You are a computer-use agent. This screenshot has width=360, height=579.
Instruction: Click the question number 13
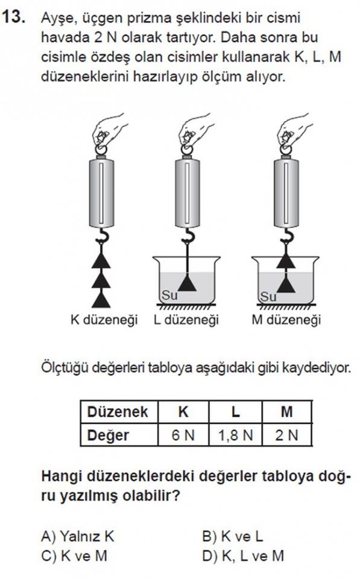click(14, 17)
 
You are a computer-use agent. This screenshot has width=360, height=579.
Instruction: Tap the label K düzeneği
click(104, 320)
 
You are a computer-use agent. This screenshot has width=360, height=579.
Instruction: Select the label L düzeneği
click(186, 320)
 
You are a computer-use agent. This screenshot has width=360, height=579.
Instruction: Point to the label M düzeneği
click(286, 320)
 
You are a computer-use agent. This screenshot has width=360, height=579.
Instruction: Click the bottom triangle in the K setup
click(101, 300)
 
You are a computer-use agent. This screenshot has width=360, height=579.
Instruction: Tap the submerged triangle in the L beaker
click(187, 283)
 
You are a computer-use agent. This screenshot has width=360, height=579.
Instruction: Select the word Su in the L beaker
click(169, 295)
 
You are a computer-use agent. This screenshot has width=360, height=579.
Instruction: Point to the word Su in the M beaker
click(268, 297)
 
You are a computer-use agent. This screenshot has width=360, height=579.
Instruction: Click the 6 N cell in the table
click(183, 435)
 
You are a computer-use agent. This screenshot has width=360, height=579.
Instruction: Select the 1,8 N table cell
click(236, 435)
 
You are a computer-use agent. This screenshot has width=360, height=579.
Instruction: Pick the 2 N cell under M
click(287, 435)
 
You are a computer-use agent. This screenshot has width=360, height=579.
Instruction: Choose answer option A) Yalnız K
click(78, 536)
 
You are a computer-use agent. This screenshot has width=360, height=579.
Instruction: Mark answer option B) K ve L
click(233, 536)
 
